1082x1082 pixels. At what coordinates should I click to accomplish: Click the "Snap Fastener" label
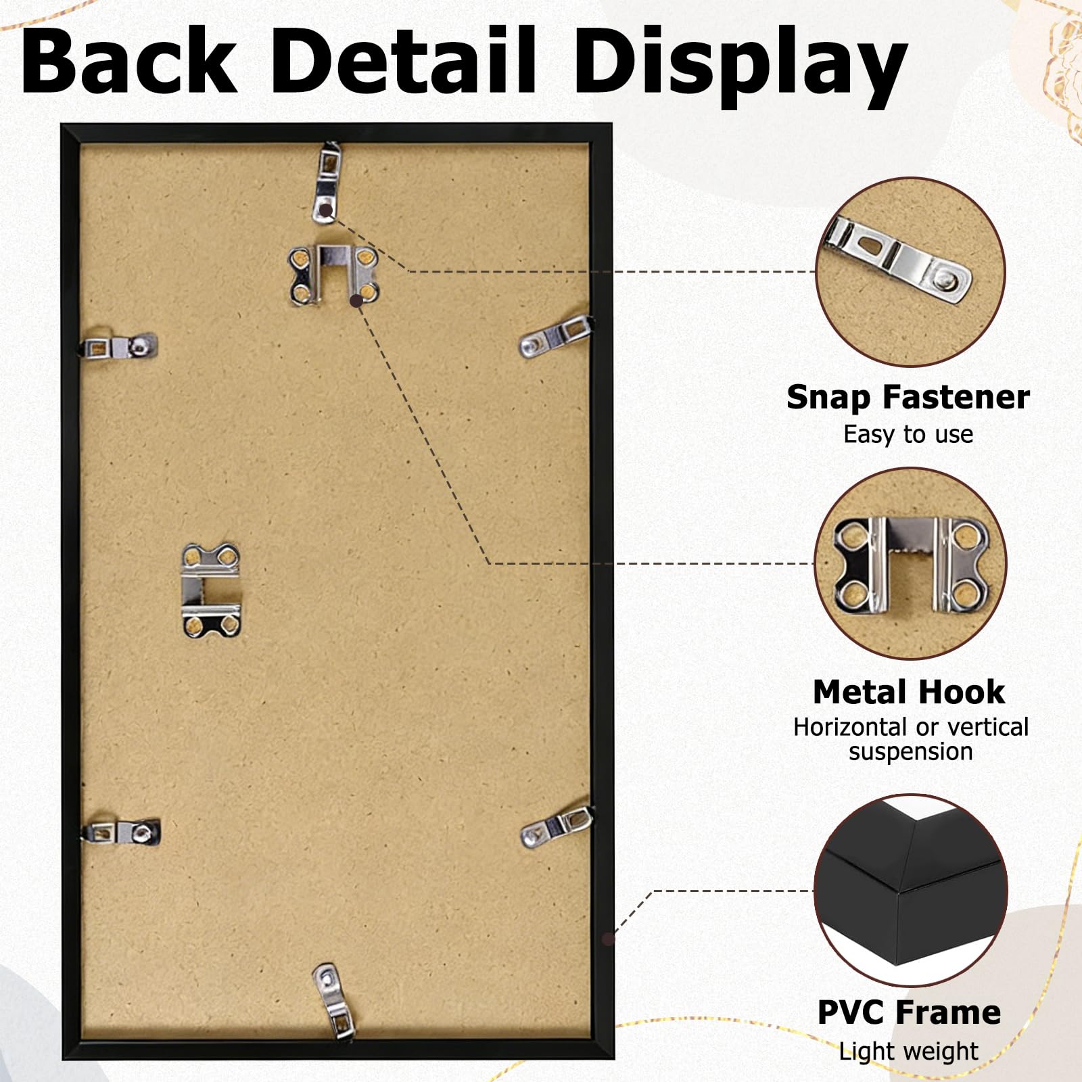(908, 398)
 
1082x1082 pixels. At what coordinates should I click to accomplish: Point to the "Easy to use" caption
(908, 434)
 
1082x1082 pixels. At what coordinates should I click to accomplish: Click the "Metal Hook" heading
(909, 692)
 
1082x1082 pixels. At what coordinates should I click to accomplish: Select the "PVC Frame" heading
(909, 1012)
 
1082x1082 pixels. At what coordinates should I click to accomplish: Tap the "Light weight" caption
(908, 1052)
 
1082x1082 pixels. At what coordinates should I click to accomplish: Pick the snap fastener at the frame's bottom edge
(334, 1001)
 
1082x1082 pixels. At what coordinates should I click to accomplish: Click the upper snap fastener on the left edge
(119, 347)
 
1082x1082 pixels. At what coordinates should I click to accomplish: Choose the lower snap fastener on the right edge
(557, 828)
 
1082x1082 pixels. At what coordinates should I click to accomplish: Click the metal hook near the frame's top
(333, 273)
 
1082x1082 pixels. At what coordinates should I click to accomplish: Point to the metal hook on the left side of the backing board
(211, 591)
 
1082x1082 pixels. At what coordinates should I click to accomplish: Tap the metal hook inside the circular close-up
(910, 565)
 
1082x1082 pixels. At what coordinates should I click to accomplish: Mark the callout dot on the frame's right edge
(608, 939)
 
